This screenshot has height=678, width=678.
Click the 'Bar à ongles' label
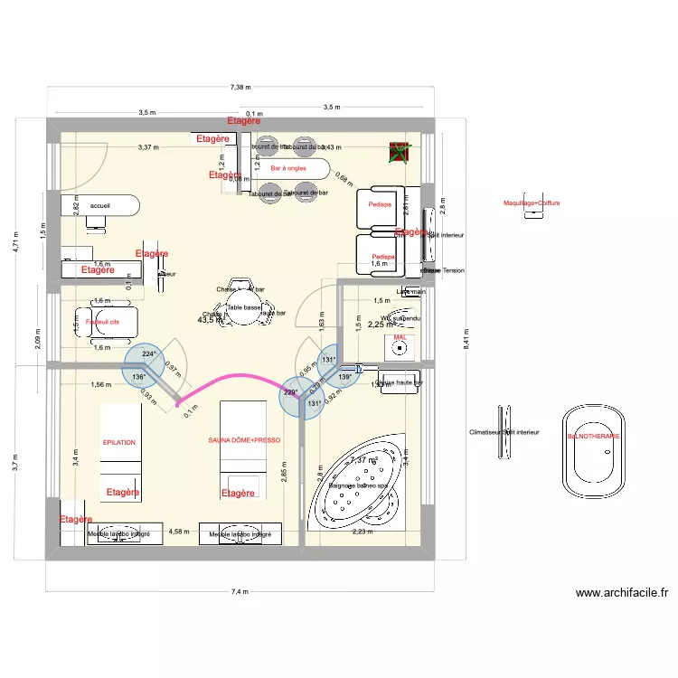pyautogui.click(x=288, y=168)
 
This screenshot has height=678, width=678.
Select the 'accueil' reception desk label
pyautogui.click(x=99, y=205)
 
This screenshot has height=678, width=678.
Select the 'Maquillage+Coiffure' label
pyautogui.click(x=532, y=203)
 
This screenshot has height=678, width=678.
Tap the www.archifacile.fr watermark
pyautogui.click(x=621, y=594)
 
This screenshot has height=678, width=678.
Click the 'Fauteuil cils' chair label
pyautogui.click(x=102, y=321)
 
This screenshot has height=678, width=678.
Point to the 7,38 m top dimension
pyautogui.click(x=240, y=88)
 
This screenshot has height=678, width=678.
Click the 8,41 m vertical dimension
pyautogui.click(x=466, y=340)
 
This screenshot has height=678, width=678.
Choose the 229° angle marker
pyautogui.click(x=290, y=392)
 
